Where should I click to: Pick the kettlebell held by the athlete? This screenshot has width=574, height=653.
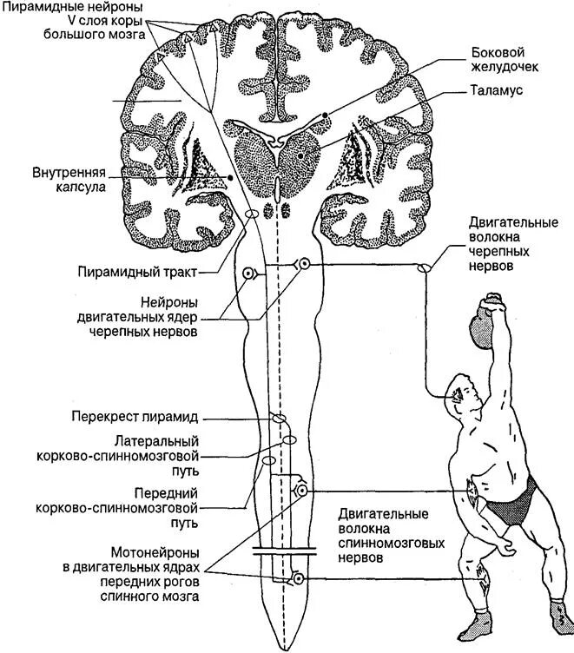(x=481, y=329)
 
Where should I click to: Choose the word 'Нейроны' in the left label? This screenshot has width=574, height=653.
(x=168, y=302)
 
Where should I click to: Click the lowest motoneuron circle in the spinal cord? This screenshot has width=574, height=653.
(x=299, y=577)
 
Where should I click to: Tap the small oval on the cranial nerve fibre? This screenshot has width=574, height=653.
(x=426, y=268)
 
